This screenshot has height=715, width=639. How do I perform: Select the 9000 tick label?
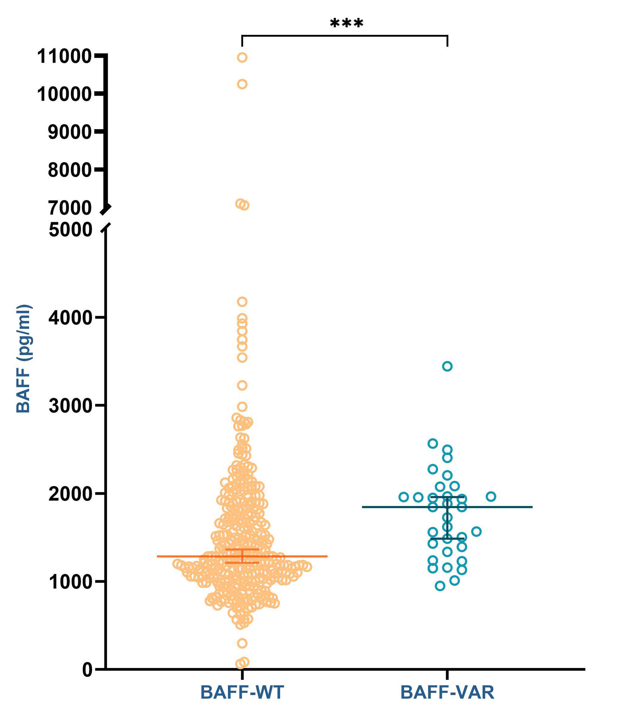pyautogui.click(x=70, y=132)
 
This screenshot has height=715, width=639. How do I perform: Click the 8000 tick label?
pyautogui.click(x=70, y=170)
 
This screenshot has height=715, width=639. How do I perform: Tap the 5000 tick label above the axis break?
pyautogui.click(x=70, y=230)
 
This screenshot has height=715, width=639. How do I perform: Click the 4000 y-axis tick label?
pyautogui.click(x=70, y=317)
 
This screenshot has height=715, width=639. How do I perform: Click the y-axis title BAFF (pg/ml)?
pyautogui.click(x=24, y=359)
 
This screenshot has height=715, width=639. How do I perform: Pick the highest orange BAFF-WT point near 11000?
pyautogui.click(x=242, y=57)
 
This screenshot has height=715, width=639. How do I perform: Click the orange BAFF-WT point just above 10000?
pyautogui.click(x=242, y=84)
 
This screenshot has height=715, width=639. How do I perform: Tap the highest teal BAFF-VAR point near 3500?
pyautogui.click(x=447, y=366)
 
